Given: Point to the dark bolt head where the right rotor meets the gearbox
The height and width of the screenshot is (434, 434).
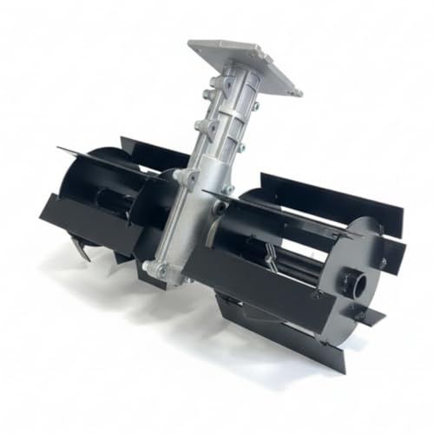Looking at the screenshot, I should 220,207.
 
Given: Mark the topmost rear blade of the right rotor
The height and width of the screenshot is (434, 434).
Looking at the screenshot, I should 330,195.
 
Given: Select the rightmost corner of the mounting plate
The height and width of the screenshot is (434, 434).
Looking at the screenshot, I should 299,92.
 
